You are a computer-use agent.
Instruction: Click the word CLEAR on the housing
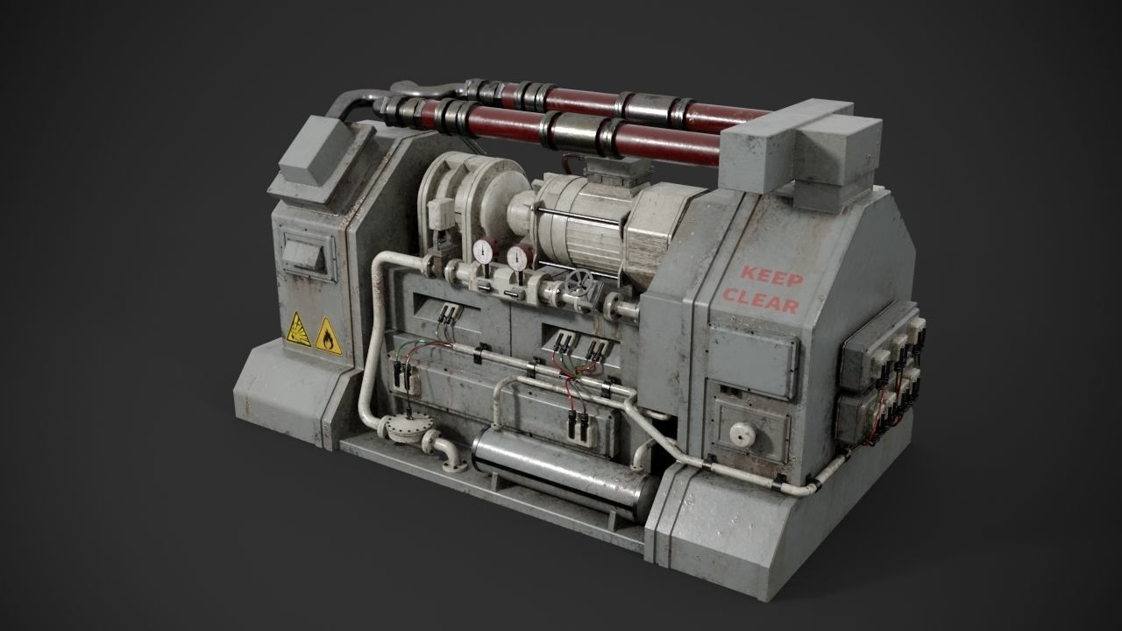click(760, 302)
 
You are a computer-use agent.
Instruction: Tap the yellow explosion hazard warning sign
click(299, 330)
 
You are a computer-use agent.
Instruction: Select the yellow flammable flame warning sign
click(329, 336)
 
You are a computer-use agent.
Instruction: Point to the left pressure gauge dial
click(482, 252)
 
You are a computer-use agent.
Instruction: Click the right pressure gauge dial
click(517, 258)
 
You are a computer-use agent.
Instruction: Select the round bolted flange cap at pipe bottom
click(405, 429)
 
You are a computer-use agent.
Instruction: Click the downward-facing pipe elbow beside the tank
click(447, 453)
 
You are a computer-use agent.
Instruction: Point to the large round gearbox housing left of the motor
click(460, 197)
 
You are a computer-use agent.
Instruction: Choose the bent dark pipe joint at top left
click(421, 90)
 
